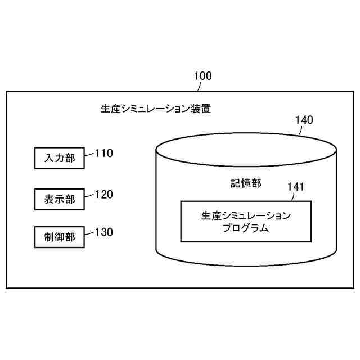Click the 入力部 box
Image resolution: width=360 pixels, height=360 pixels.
pyautogui.click(x=59, y=158)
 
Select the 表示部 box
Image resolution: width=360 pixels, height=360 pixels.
pyautogui.click(x=59, y=199)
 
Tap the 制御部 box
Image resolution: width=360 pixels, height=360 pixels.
pyautogui.click(x=59, y=236)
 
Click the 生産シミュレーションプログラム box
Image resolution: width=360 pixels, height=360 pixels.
pyautogui.click(x=246, y=221)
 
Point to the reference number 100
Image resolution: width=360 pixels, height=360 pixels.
pyautogui.click(x=202, y=75)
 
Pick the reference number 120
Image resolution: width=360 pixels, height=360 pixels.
pyautogui.click(x=104, y=195)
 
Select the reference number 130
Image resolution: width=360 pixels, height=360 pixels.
pyautogui.click(x=104, y=232)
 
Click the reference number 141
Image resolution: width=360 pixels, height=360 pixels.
pyautogui.click(x=296, y=187)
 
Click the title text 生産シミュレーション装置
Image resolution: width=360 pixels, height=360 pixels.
pyautogui.click(x=156, y=109)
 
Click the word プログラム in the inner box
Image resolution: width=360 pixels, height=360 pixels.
pyautogui.click(x=246, y=228)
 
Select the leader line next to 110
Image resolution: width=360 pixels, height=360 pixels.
pyautogui.click(x=89, y=154)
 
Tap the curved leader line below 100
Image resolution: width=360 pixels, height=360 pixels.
pyautogui.click(x=196, y=86)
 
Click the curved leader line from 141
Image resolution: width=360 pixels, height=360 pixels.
pyautogui.click(x=290, y=196)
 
